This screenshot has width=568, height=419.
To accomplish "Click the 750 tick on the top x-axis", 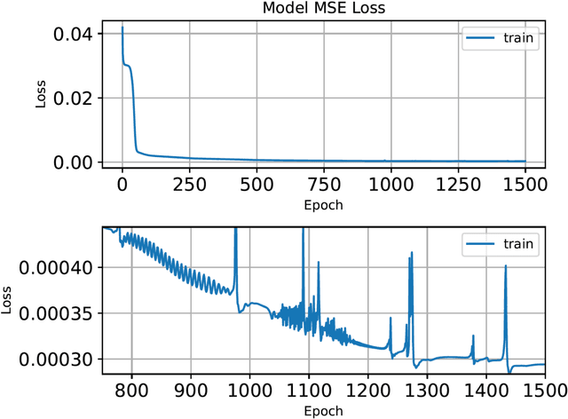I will (x=324, y=185).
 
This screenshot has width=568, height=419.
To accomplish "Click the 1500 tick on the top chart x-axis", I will (x=525, y=185).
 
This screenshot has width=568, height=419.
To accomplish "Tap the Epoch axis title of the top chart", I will (x=324, y=204).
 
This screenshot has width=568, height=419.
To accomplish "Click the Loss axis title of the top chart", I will (x=41, y=94).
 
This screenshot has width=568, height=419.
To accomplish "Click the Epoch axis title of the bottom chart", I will (x=324, y=410).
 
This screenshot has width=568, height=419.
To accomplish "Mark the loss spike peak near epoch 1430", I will (x=506, y=265).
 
